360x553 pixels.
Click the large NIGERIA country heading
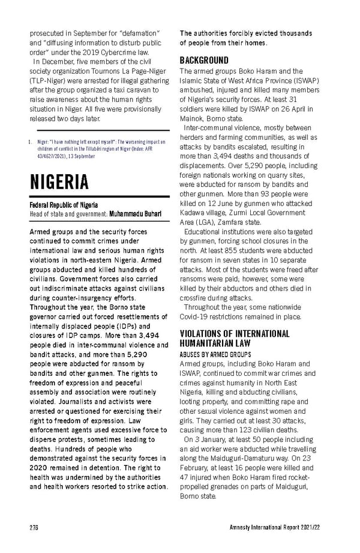pos(59,181)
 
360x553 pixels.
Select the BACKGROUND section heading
pos(204,61)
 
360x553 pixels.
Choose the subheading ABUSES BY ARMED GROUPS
pos(216,354)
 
